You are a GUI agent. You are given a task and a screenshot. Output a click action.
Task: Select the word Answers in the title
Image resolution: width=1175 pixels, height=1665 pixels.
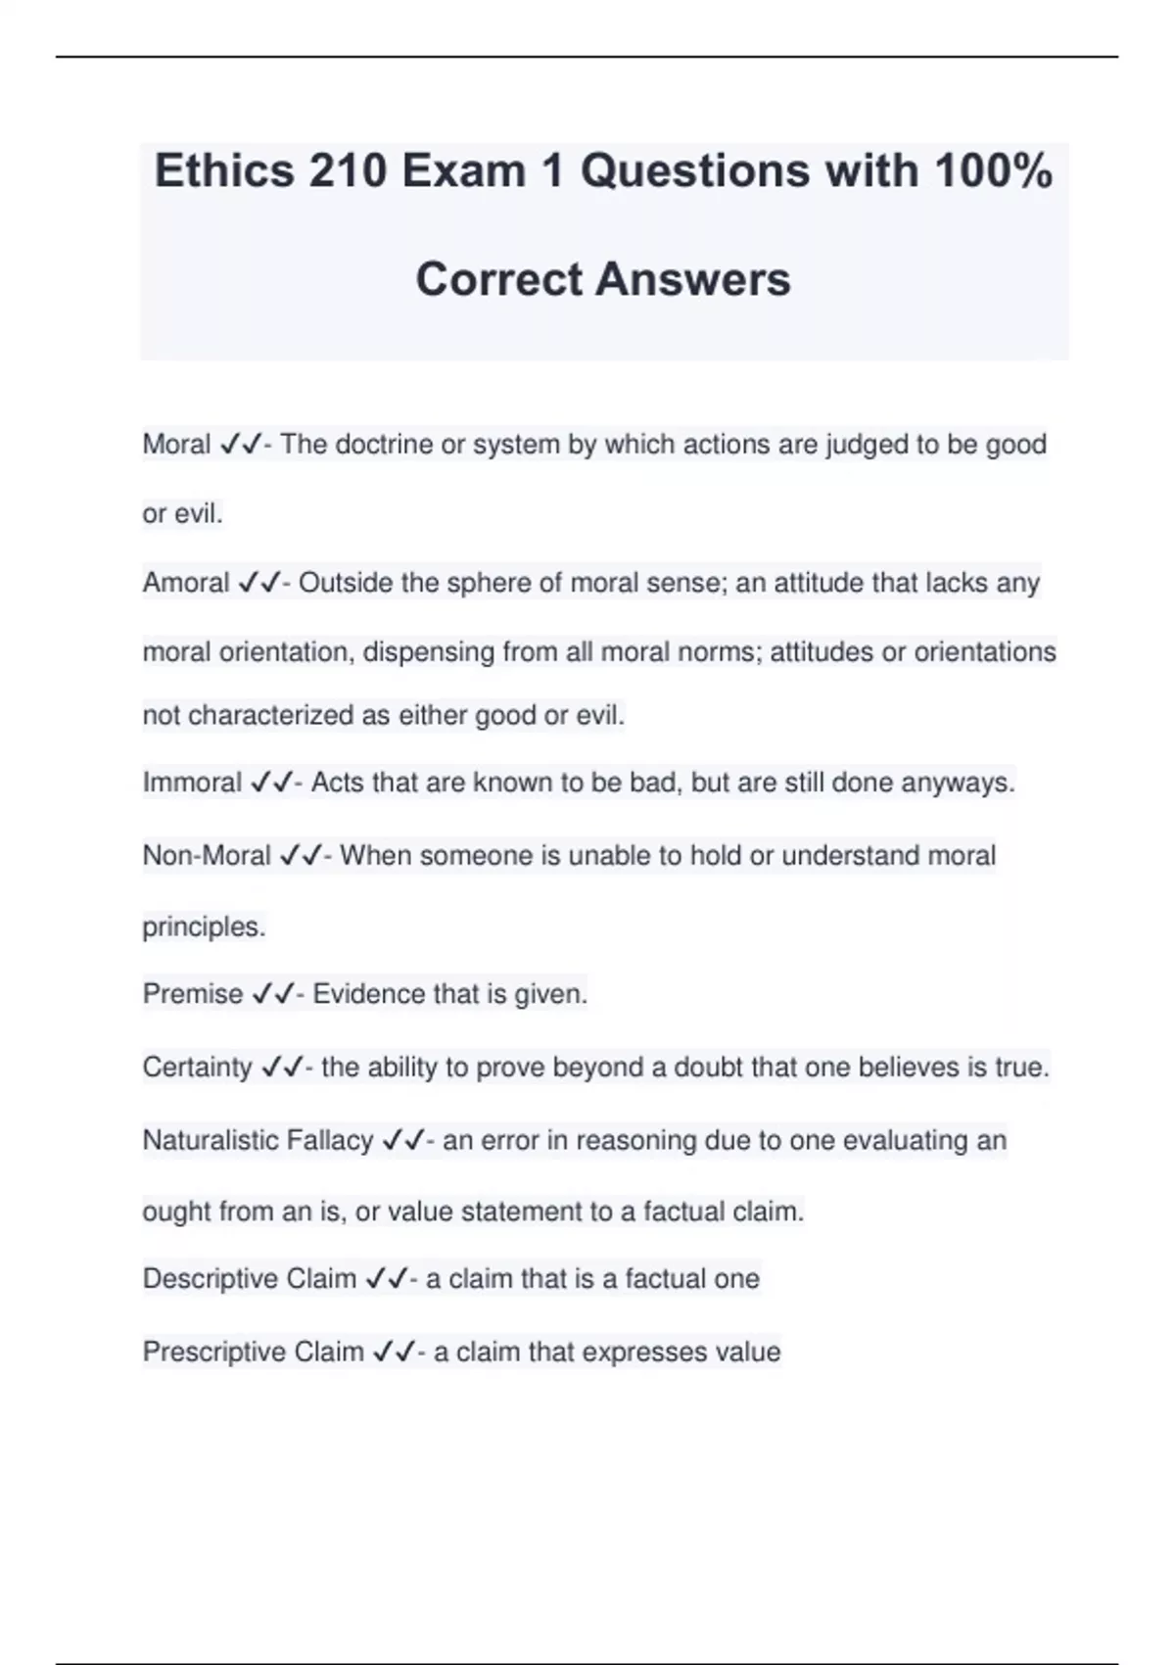[692, 279]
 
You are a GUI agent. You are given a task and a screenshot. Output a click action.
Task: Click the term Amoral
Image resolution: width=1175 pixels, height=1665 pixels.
[186, 583]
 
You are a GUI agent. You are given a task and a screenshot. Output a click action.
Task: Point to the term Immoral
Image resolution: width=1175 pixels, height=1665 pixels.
[192, 783]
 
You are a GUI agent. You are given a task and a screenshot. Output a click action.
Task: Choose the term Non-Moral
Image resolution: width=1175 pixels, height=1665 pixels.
[207, 856]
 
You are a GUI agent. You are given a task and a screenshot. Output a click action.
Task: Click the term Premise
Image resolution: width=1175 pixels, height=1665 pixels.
[193, 994]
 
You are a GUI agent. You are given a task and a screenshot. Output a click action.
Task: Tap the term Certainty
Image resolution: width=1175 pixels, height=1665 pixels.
[198, 1067]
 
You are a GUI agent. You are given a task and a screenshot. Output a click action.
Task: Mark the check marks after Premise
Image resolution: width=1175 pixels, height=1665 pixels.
[273, 994]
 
